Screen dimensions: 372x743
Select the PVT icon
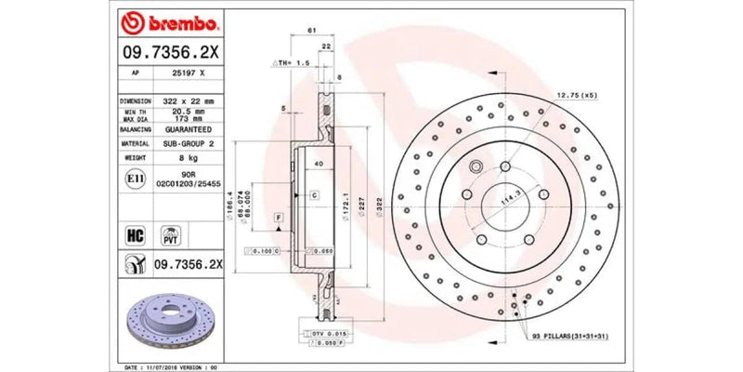pos(170,233)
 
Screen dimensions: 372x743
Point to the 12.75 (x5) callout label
pos(577,96)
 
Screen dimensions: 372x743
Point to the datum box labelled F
pos(277,217)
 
